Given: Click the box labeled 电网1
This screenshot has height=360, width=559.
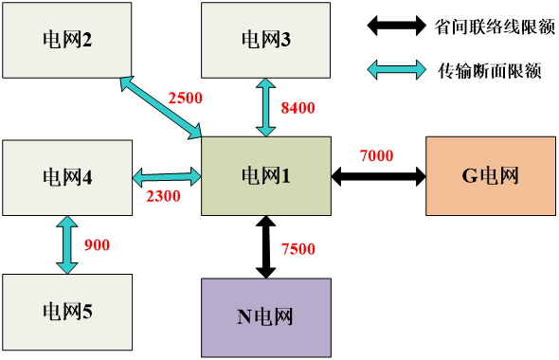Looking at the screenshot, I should tap(265, 175).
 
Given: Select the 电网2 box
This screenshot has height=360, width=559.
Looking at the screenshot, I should tap(66, 40).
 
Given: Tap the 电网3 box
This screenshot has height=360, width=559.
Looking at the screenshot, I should tap(265, 40).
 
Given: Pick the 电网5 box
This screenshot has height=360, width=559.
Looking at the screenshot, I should tap(66, 311).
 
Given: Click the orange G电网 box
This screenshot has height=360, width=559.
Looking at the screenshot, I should tap(490, 175).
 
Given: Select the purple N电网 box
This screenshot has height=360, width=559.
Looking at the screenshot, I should tap(265, 316).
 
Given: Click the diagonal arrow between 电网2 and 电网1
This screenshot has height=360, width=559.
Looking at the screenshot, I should tap(160, 107).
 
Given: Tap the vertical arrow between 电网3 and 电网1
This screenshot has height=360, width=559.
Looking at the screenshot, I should tap(265, 107).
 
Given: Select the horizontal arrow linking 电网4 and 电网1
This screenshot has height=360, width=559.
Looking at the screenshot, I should tap(167, 176).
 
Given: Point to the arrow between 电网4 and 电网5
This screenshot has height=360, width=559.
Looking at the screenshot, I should tap(66, 244).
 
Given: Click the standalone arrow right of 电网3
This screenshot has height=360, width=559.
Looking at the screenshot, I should tap(396, 68).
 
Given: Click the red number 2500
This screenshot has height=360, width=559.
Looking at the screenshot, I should tap(185, 98).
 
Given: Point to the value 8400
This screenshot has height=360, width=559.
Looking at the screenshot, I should tap(298, 108).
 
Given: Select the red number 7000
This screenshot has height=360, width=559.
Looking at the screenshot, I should tap(376, 155).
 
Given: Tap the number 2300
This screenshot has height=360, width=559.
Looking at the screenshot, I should tap(162, 196).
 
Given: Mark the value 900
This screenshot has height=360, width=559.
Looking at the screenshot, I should tap(97, 245).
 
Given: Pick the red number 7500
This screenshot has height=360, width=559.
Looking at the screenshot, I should tap(298, 249).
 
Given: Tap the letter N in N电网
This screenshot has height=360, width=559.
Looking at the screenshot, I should tap(243, 316).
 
